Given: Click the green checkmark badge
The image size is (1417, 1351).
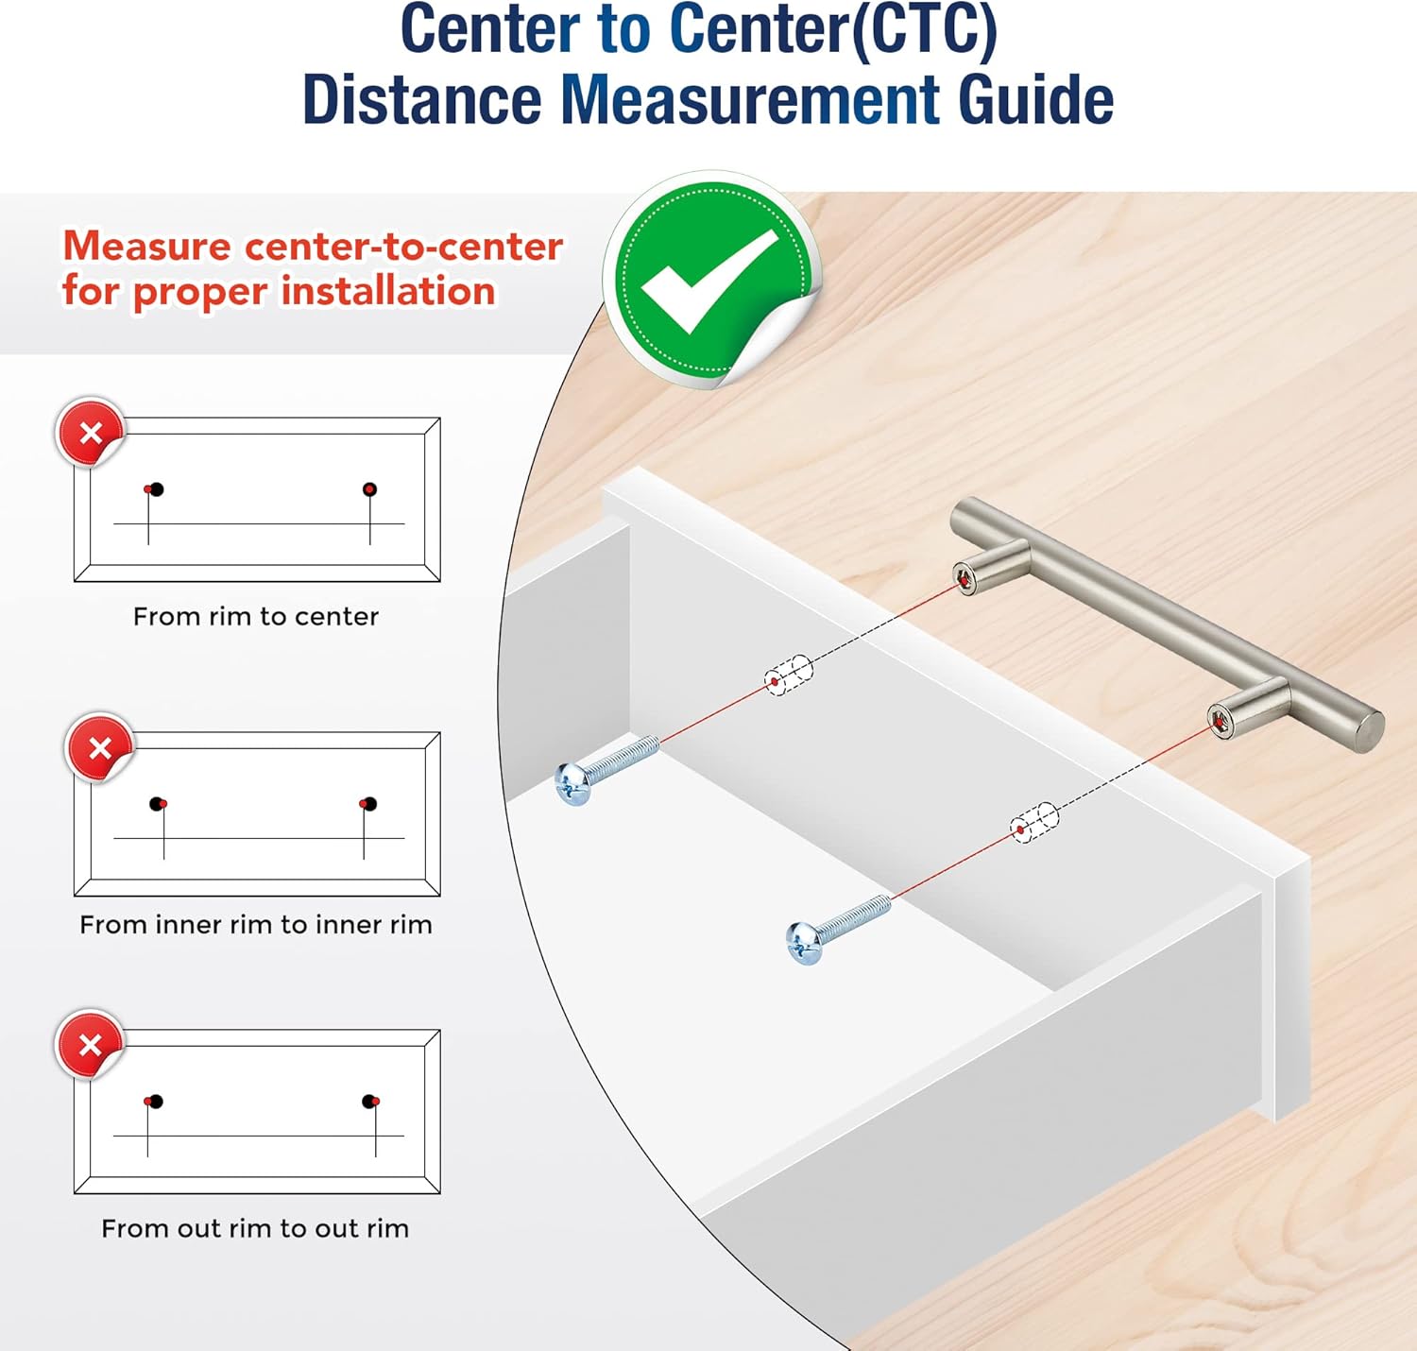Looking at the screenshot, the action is [712, 280].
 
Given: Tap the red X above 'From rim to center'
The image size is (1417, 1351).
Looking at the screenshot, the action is [90, 433].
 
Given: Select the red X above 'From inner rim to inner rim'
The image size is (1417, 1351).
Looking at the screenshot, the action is [99, 748].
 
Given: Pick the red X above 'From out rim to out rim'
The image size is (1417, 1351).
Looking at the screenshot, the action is [90, 1045].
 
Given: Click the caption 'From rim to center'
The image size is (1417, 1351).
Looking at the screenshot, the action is [256, 616].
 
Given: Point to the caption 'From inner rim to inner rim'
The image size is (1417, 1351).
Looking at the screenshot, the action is [256, 924].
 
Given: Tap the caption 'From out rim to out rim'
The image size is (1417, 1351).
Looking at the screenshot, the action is [255, 1228].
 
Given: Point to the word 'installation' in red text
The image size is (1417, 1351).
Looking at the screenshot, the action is [387, 291].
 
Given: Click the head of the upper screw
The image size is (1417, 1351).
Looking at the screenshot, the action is [573, 783].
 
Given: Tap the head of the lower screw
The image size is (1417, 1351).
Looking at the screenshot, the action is [804, 943].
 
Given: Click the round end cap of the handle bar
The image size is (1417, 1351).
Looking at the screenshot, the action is [1367, 732].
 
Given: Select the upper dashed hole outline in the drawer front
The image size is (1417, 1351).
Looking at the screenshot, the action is [789, 675].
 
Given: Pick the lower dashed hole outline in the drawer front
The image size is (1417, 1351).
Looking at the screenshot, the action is [1033, 823].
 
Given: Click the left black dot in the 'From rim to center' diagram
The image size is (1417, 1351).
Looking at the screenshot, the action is [157, 489].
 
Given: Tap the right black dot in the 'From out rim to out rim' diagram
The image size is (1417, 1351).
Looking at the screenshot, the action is [368, 1101].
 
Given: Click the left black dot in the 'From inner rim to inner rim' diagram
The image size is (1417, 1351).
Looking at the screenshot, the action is [157, 803].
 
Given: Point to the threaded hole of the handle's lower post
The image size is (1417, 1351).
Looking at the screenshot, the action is [1218, 720].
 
